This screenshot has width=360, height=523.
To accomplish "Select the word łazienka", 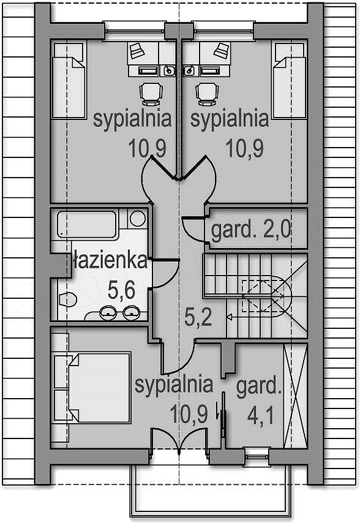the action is tap(110, 260).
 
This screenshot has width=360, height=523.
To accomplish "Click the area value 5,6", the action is tap(121, 290).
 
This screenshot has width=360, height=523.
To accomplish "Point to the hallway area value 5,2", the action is tap(198, 317).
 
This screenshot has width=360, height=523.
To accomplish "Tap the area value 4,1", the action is tap(260, 416).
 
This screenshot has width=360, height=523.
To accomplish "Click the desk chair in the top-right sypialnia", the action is tap(207, 94).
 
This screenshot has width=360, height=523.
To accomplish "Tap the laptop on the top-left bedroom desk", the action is tap(137, 50).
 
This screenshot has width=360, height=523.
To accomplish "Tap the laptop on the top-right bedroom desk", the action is tap(222, 50).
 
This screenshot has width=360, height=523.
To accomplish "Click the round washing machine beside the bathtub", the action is tap(137, 219).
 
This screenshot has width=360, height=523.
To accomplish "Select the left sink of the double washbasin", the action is tap(108, 313).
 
